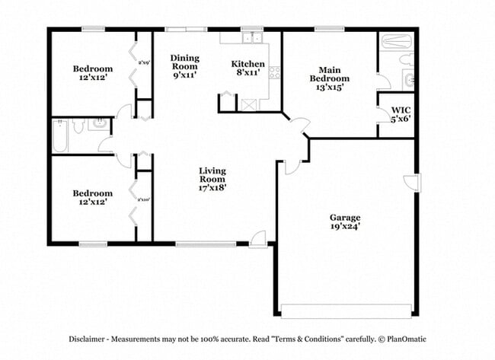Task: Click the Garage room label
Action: [345, 217]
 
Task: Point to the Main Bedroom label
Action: [329, 74]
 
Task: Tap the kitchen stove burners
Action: [274, 73]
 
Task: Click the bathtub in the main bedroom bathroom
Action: [395, 43]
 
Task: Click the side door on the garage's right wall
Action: [412, 183]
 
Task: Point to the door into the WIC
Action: [382, 113]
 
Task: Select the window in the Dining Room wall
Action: [186, 30]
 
